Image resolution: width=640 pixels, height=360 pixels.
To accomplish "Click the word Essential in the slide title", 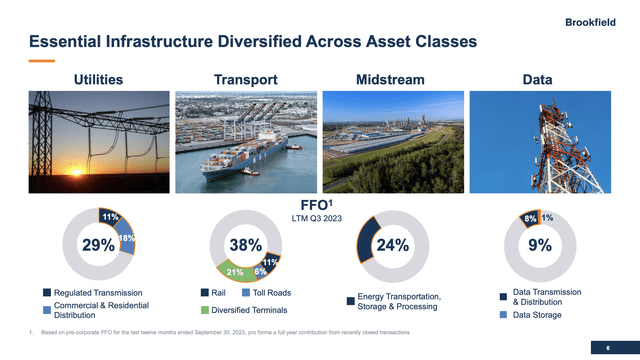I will tap(64, 42).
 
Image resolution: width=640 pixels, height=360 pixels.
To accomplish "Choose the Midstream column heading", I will tap(389, 79).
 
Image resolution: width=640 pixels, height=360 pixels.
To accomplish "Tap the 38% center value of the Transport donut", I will tap(245, 245).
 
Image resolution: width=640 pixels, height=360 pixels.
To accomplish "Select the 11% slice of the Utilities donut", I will tap(110, 215).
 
